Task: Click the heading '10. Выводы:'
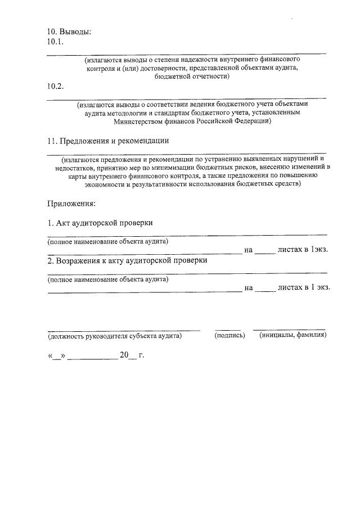point(69,31)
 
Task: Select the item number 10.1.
point(56,42)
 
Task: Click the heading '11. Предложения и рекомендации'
point(108,141)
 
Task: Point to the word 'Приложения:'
point(71,202)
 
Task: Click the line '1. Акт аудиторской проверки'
point(100,223)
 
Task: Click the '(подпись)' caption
point(229,335)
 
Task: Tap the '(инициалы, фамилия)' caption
point(292,335)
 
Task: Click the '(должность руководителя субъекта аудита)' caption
point(115,336)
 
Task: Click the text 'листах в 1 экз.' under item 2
point(304,287)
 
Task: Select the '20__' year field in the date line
point(127,355)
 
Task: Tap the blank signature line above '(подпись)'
point(228,329)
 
